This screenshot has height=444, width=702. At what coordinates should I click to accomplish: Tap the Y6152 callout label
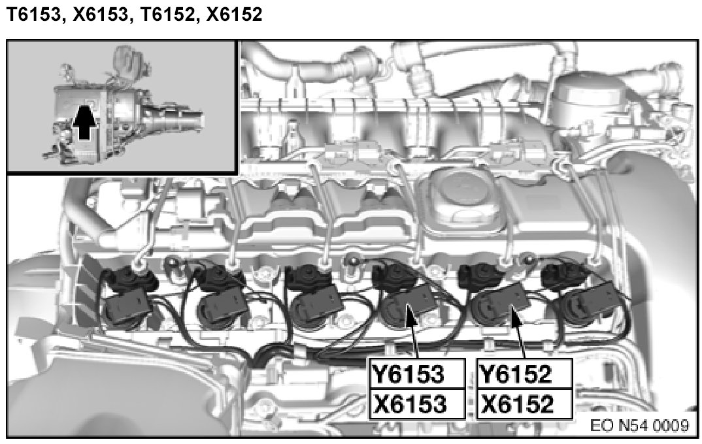tap(515, 374)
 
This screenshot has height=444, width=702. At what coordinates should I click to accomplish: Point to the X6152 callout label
tap(516, 404)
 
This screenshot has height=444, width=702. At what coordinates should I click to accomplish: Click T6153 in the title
tap(33, 15)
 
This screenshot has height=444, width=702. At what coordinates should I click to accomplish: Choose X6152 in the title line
tap(235, 15)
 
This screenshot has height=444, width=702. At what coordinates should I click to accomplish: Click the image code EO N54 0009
tap(639, 425)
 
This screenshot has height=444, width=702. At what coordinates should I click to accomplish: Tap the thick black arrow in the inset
tap(84, 121)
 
